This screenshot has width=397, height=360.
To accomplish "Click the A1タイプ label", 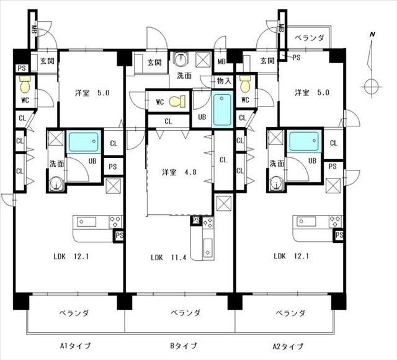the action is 75,346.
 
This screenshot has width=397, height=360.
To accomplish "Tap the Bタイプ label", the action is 184,346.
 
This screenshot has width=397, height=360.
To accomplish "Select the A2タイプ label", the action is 288,346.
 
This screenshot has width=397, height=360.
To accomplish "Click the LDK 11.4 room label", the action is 169,258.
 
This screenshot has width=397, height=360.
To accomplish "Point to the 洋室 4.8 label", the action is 179,172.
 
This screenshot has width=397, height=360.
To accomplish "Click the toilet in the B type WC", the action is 177,102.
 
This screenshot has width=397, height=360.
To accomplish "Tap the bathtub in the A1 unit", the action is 84,142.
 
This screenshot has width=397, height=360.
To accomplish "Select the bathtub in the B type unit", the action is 222,110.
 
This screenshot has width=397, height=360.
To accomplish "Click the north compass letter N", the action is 372,35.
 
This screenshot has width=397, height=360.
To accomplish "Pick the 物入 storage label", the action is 225,81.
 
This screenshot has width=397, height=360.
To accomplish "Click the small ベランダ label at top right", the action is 310,38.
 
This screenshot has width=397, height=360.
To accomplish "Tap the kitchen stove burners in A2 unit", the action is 336,221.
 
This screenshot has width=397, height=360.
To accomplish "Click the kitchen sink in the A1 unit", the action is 86,222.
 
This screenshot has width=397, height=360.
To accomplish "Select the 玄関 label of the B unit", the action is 154,62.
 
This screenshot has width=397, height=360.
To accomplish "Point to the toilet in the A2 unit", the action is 245,84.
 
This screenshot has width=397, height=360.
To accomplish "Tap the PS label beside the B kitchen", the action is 196,221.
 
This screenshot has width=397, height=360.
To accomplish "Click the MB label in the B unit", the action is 221,61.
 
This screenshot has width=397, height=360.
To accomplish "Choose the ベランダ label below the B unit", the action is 185,313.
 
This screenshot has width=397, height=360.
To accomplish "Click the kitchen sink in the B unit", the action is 208,248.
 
